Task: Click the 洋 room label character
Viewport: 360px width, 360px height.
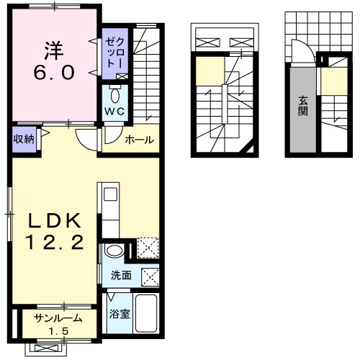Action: coord(54,50)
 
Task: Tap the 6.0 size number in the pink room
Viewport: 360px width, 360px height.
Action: coord(54,73)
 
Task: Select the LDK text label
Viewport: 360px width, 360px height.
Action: coord(55,220)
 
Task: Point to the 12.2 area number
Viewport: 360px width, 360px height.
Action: coord(55,242)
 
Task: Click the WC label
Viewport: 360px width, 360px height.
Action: coord(114,112)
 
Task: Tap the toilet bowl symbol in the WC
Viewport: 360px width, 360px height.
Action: coord(115,96)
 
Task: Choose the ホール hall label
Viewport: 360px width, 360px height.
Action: coord(140,140)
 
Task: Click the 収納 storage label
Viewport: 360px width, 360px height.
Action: coord(24,139)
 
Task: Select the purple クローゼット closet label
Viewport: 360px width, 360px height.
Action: coord(115,53)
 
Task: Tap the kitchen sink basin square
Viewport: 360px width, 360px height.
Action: coord(110,194)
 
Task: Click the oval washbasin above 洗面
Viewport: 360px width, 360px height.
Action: coord(114,251)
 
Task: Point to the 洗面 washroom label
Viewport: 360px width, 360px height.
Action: coord(121,276)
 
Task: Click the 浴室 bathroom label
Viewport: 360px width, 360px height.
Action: coord(120,314)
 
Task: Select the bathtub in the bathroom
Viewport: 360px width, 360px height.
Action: coord(146,313)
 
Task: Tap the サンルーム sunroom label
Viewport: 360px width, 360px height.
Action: coord(58,318)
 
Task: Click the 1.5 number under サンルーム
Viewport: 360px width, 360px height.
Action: coord(59,331)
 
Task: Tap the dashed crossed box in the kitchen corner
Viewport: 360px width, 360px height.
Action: coord(148,248)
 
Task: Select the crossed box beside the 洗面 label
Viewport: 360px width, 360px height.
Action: coord(150,277)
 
